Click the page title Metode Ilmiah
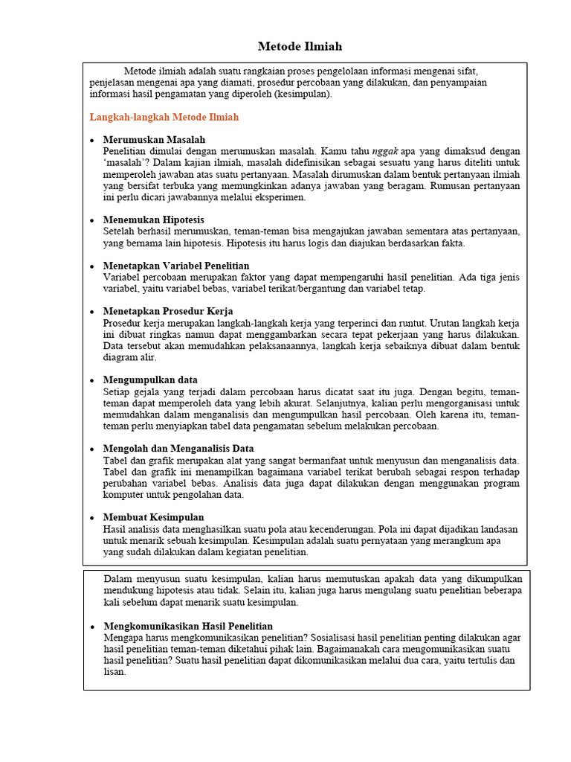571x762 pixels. point(290,46)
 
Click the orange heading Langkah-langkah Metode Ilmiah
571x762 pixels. point(164,118)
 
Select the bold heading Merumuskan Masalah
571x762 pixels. point(154,140)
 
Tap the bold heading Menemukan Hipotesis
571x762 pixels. point(154,220)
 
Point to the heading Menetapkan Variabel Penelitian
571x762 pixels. point(176,266)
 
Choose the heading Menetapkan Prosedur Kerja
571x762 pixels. point(168,311)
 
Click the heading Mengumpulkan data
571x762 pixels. point(151,380)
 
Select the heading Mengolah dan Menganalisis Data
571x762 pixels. point(178,449)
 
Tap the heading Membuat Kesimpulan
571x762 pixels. point(154,517)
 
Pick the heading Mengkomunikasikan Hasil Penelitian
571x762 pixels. point(188,627)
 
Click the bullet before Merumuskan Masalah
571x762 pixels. point(91,141)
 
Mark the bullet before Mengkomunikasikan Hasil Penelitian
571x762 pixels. point(91,627)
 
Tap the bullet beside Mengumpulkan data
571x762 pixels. point(91,380)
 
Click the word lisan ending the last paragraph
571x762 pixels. point(114,671)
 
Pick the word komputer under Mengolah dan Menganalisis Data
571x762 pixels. point(125,494)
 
